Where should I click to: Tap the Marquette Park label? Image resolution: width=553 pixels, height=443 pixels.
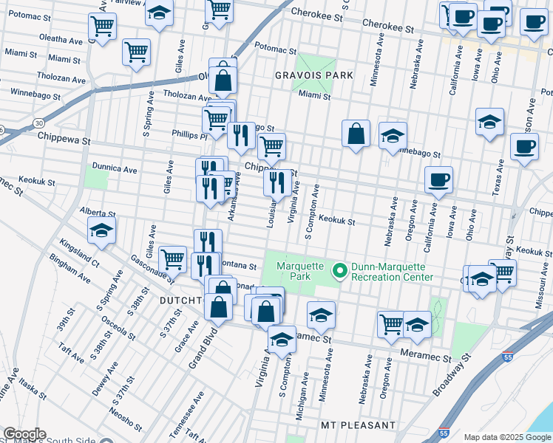click(x=300, y=271)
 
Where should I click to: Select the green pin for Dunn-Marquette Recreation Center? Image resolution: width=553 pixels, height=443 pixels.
click(x=340, y=271)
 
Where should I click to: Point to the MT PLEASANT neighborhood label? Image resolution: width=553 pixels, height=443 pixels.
click(x=359, y=426)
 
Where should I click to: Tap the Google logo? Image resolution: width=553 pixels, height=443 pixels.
click(x=24, y=434)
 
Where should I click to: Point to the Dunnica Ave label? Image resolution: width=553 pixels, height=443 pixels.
click(x=115, y=168)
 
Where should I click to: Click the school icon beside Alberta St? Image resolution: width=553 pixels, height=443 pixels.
click(x=101, y=230)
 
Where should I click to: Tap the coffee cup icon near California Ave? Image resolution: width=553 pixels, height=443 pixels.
click(x=438, y=179)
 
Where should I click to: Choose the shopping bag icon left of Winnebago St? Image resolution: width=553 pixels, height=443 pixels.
click(x=356, y=134)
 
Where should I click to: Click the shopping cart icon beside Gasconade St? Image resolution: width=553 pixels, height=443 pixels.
click(x=172, y=258)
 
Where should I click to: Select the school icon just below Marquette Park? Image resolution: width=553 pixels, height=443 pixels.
click(x=321, y=315)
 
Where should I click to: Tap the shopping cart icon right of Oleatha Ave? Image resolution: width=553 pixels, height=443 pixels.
click(x=102, y=26)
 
